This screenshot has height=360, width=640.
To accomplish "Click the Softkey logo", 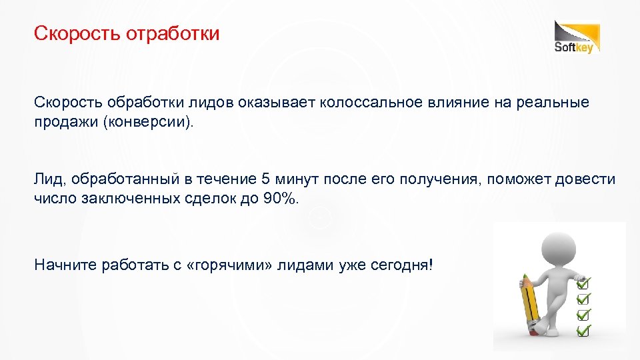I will pos(577,37).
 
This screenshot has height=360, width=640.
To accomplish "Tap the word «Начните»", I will pos(65,265).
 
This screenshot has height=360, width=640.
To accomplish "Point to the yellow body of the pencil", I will pos(529,303).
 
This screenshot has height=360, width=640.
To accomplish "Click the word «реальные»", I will pos(559,103).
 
